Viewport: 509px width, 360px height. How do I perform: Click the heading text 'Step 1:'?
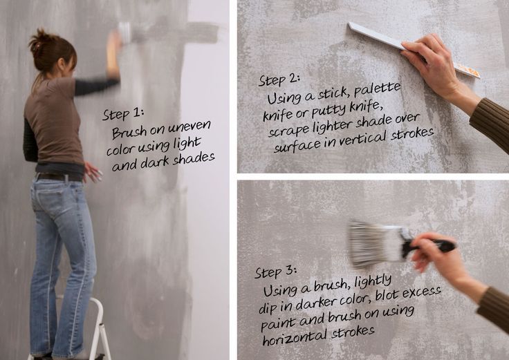[x=122, y=114]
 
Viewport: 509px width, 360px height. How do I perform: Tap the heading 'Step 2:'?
[x=279, y=79]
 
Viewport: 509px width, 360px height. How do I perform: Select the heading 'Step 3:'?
[x=276, y=272]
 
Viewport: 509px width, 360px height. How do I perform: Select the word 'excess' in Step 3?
[x=421, y=292]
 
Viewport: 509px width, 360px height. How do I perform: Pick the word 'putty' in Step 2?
[x=329, y=111]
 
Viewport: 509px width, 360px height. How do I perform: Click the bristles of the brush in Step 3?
[x=373, y=244]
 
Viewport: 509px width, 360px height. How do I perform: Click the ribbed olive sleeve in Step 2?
[x=491, y=122]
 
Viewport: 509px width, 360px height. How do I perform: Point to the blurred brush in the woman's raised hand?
[x=124, y=32]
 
